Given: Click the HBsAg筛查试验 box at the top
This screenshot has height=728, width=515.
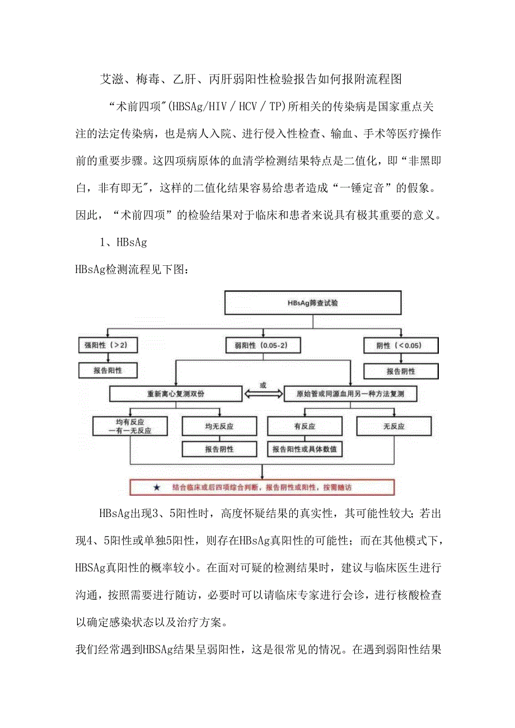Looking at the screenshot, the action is (313, 303).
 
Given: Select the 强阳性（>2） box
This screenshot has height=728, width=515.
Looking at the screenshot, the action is (106, 345).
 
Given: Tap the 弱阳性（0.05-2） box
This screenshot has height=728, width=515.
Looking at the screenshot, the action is (263, 345).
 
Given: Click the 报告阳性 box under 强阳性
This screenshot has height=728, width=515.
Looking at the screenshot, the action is (106, 370).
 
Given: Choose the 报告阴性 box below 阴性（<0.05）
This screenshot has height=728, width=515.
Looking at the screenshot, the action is (401, 371).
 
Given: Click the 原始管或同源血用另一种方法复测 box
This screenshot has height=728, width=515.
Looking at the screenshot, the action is (351, 394).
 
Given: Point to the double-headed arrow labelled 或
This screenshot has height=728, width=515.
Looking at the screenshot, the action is (262, 393).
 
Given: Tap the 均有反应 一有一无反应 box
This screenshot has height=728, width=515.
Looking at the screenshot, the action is (130, 426).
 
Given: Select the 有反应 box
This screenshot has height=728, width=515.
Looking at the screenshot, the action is (304, 426).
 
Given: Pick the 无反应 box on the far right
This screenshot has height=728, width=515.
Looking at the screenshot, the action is (394, 426).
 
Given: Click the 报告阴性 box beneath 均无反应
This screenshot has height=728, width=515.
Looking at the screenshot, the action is (219, 449).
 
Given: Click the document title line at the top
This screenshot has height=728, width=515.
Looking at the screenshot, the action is (250, 79).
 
